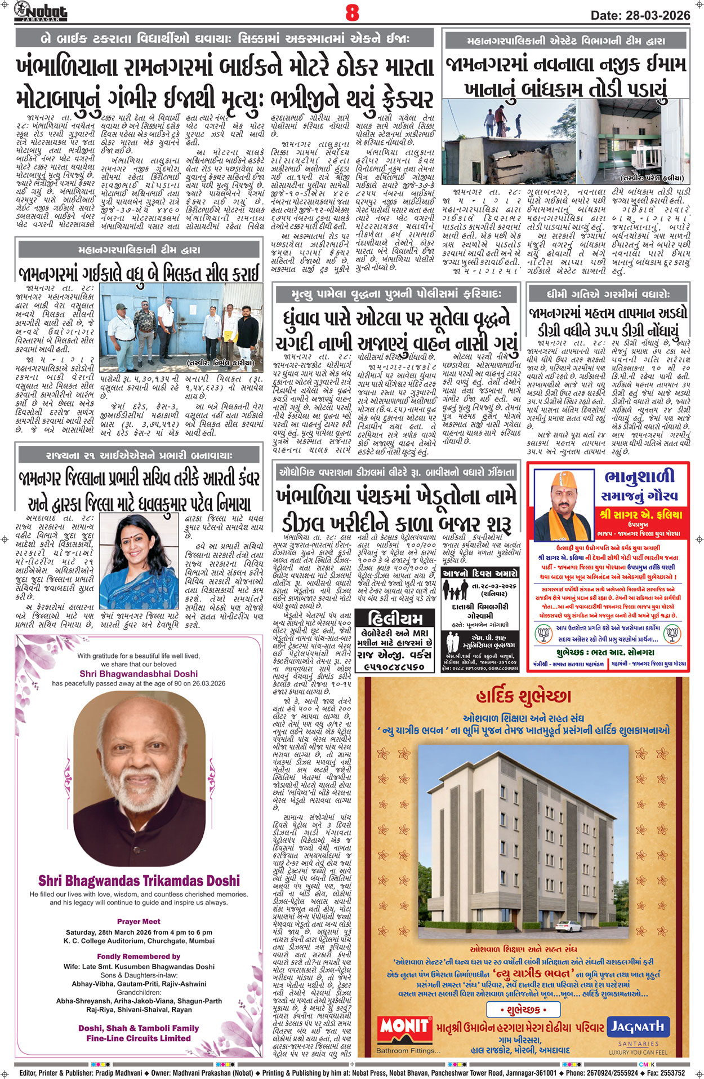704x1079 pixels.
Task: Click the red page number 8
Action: click(352, 12)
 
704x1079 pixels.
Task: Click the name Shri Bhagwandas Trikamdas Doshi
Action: click(139, 881)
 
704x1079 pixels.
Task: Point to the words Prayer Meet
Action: click(139, 921)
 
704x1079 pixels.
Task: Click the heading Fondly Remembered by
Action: click(139, 956)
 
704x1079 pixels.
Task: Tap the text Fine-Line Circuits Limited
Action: click(139, 1038)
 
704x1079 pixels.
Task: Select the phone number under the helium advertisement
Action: click(398, 666)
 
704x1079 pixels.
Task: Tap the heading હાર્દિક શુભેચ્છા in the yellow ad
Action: click(523, 697)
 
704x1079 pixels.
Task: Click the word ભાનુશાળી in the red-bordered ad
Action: click(639, 477)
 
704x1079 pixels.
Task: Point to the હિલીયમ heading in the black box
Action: click(398, 618)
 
